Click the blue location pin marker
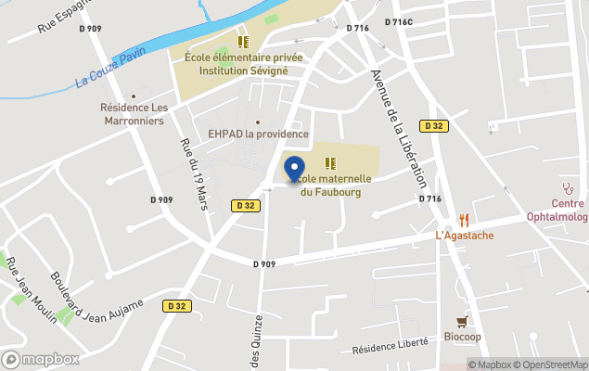295,169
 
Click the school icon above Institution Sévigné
243,42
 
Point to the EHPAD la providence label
258,134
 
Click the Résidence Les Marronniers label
134,114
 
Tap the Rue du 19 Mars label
193,173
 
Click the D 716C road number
398,22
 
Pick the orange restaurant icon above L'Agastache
464,220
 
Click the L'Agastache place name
464,236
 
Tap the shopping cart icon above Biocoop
462,321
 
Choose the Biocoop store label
462,336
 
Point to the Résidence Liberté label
391,346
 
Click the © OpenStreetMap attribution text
553,365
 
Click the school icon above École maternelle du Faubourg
329,163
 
